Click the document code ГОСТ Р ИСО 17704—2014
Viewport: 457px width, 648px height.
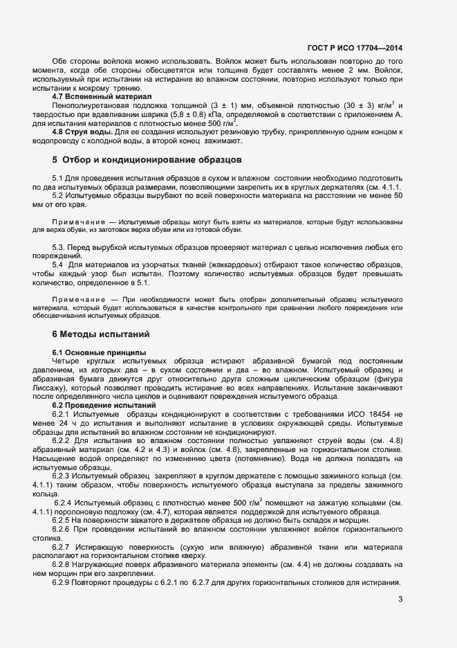355,48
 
